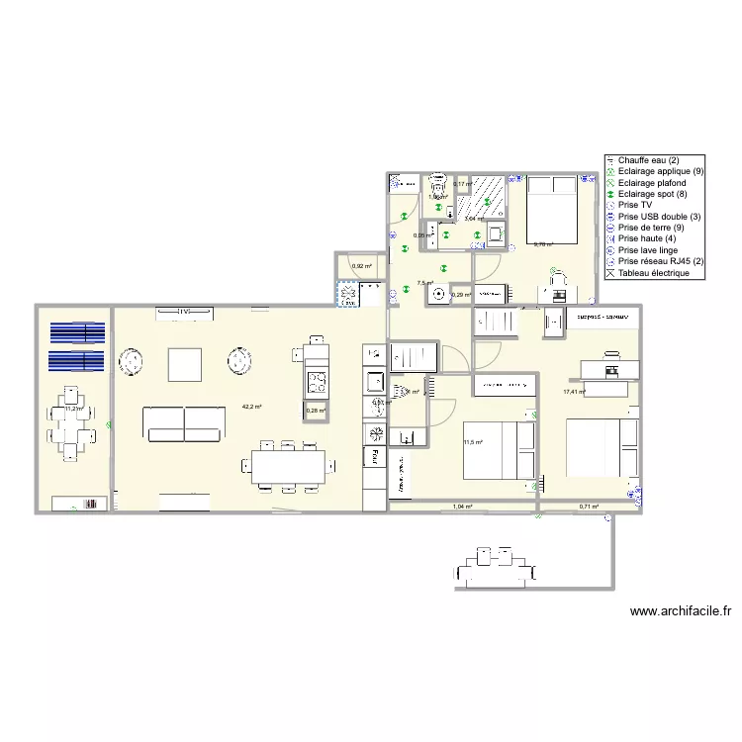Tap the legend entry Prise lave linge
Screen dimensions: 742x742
648,250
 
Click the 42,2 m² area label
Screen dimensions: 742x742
251,407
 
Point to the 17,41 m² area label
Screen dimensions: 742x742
574,392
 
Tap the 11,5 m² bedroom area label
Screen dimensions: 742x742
472,442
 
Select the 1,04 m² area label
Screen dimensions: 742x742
462,507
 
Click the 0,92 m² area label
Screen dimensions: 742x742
361,266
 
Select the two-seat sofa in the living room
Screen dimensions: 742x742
183,422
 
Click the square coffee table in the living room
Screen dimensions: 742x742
185,364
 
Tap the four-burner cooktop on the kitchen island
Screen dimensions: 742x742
316,380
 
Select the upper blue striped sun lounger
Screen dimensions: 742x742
78,332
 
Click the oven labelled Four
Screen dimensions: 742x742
375,455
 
